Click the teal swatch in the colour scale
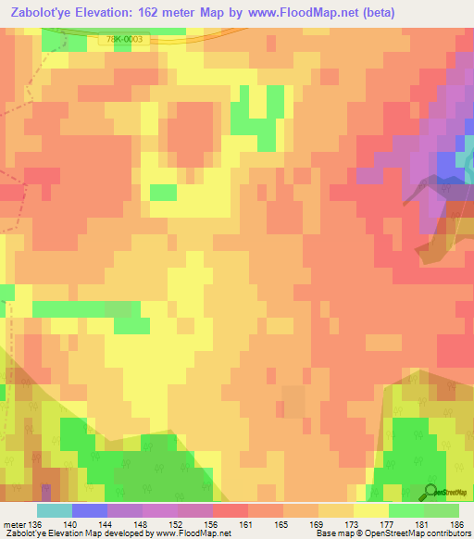tap(55, 511)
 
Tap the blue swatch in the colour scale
tap(90, 511)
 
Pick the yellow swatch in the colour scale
tap(371, 511)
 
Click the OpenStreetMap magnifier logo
tap(431, 491)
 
